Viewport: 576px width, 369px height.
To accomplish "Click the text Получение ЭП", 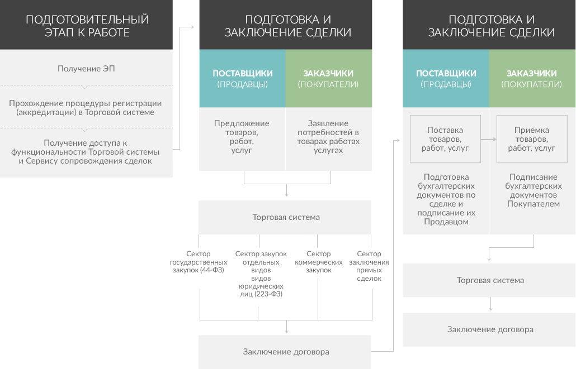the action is tap(86, 69).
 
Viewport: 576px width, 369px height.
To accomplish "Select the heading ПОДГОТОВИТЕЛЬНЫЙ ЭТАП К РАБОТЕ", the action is tap(87, 26).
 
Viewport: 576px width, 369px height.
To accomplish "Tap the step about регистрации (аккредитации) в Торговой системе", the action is tap(85, 108).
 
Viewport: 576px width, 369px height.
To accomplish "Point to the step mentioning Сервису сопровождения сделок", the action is tap(85, 152).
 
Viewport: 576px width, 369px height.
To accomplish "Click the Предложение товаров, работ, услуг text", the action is tap(242, 136).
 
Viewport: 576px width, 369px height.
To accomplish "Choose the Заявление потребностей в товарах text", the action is tap(328, 136).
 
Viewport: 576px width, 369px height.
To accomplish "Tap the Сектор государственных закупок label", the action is tap(199, 262).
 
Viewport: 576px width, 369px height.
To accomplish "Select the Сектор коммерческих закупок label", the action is tap(319, 262).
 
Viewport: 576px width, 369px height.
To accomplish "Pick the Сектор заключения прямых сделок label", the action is tap(369, 266).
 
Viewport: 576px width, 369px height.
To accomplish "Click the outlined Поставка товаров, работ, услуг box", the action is tap(445, 139).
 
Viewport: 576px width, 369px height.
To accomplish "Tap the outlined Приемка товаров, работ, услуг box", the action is tap(532, 139).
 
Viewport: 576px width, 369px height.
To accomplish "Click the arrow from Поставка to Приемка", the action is tap(489, 139).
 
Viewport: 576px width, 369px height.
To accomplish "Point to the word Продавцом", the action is tap(446, 222).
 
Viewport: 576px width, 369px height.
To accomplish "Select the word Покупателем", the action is tap(533, 204).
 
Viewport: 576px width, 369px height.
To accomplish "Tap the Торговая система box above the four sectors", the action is tap(285, 217).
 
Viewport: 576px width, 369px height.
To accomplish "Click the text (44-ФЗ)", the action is tap(212, 270).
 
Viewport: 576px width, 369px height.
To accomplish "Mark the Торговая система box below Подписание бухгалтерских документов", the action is tap(489, 280).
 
